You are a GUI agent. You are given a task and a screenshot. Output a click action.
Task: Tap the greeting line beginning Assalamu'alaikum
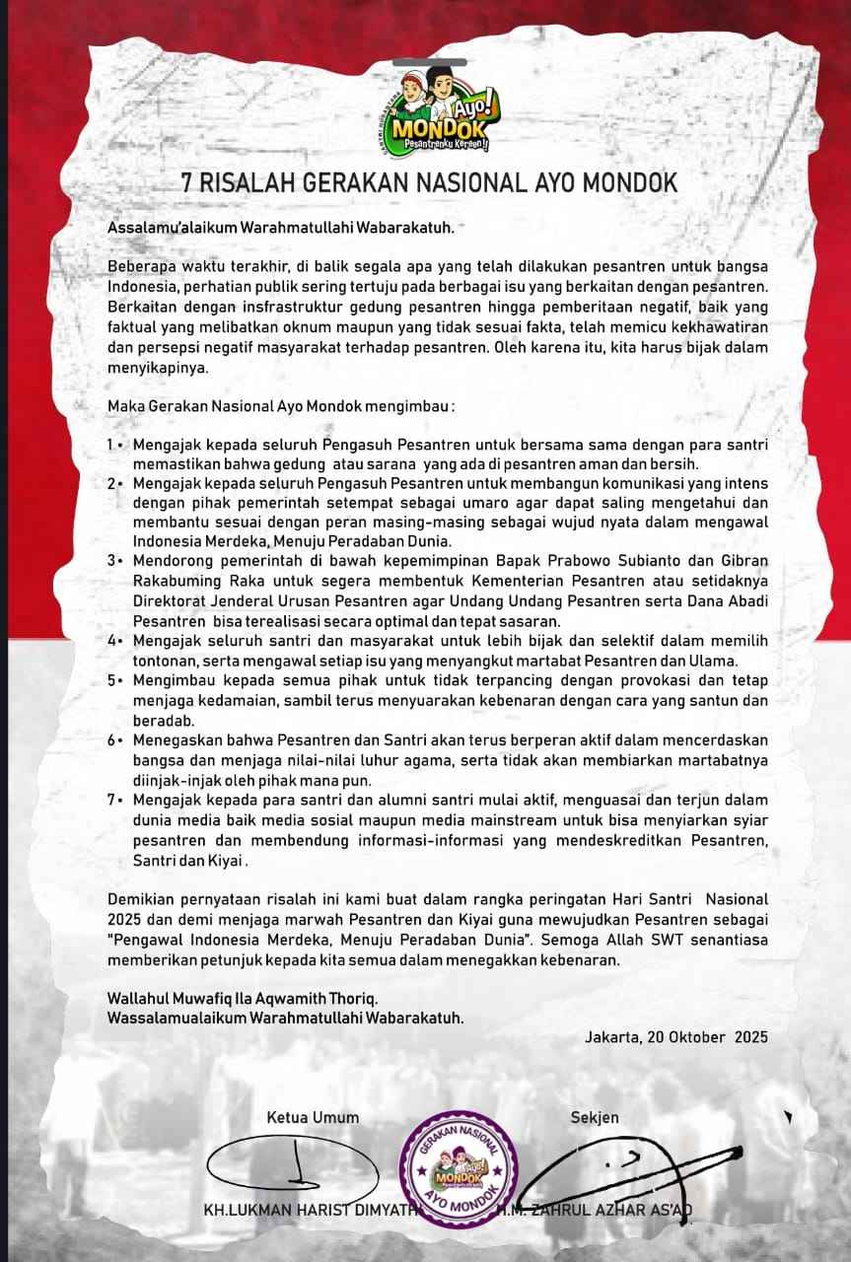point(281,229)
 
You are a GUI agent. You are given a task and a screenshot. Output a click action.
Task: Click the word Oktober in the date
point(688,1037)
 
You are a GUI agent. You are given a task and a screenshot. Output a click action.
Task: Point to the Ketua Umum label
point(313,1117)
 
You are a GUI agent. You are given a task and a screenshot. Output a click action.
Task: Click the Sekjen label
point(595,1117)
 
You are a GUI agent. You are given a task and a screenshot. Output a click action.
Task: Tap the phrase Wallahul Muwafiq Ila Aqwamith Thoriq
point(243,999)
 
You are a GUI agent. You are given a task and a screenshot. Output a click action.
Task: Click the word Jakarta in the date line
point(611,1037)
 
